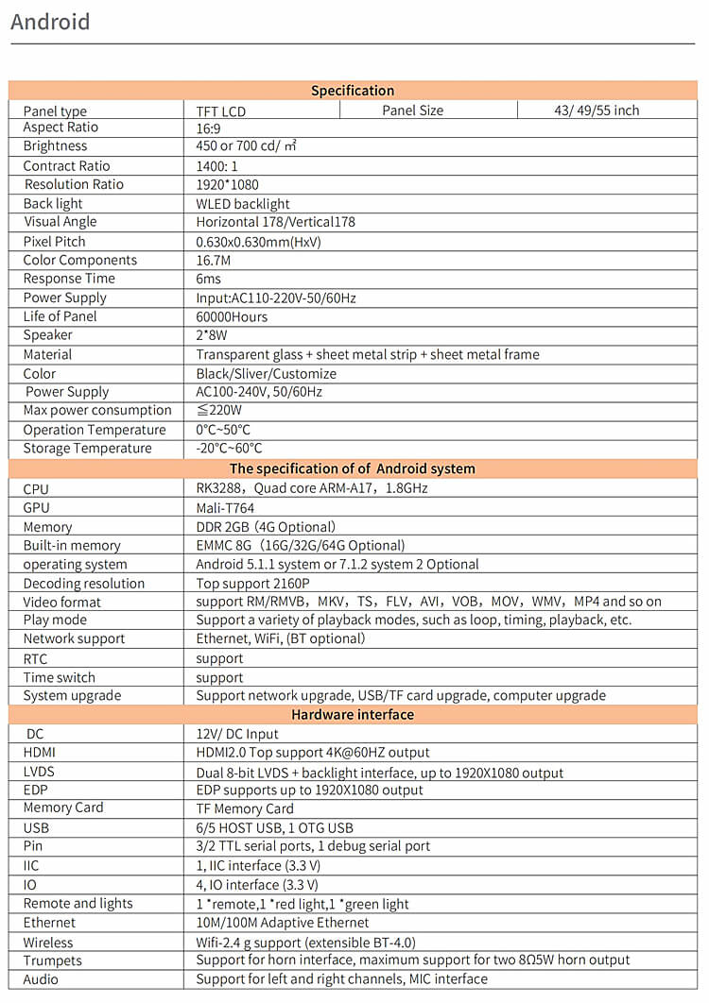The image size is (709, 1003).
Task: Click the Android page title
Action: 50,21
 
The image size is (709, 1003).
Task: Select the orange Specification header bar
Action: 353,91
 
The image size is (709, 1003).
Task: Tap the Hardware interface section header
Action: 353,715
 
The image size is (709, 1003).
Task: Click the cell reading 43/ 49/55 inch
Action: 597,110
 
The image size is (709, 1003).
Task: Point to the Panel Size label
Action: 412,110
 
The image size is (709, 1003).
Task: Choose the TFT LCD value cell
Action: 220,110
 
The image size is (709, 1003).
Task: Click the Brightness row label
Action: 55,146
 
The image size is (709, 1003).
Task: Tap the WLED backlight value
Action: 243,203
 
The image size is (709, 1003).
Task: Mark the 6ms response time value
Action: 208,279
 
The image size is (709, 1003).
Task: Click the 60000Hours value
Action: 232,316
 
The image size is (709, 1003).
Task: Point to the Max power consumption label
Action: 97,410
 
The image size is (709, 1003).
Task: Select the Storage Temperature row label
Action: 87,449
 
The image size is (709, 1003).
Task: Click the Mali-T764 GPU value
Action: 225,507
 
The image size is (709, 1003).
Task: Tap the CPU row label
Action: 36,489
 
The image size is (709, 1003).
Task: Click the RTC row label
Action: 35,658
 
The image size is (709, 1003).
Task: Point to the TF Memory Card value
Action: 245,808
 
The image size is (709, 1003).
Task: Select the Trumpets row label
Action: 53,960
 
